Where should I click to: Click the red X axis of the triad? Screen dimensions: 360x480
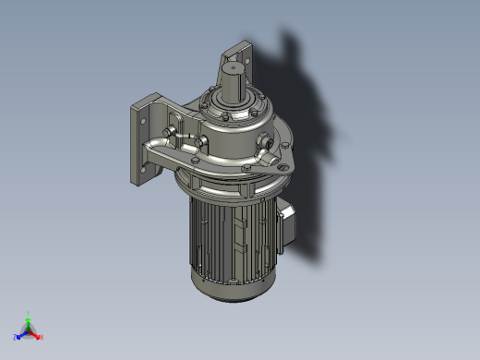pyautogui.click(x=38, y=336)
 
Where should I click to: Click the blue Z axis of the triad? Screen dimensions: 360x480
pyautogui.click(x=19, y=337)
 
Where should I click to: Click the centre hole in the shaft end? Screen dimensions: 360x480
pyautogui.click(x=232, y=68)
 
